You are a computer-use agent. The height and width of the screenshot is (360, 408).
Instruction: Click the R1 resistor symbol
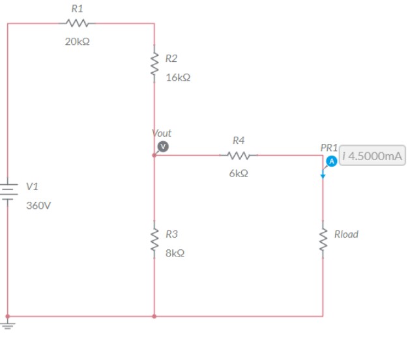click(x=77, y=23)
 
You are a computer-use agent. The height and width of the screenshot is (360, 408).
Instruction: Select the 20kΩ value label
click(x=77, y=41)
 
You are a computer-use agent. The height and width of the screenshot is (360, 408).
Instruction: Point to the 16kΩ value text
click(x=178, y=77)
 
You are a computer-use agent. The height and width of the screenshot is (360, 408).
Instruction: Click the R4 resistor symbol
click(x=239, y=156)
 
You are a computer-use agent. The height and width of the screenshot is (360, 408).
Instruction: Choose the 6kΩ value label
click(x=239, y=174)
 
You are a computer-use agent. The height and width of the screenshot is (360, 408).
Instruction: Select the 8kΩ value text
click(x=175, y=253)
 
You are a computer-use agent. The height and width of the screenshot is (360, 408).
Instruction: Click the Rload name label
click(x=346, y=234)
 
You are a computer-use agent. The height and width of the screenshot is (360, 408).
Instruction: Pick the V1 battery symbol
click(x=8, y=192)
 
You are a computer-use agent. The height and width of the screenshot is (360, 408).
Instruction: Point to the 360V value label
click(x=38, y=206)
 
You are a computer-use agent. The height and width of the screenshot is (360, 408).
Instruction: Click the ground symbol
click(x=8, y=322)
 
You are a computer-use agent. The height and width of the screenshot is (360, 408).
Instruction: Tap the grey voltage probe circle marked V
click(x=164, y=146)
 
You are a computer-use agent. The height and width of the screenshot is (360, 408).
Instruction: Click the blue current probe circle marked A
click(x=331, y=160)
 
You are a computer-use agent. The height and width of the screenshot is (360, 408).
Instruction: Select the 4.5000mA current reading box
click(x=372, y=157)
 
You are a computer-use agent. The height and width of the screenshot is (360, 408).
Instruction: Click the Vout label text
click(x=162, y=133)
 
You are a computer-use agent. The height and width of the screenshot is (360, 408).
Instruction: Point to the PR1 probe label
click(x=328, y=148)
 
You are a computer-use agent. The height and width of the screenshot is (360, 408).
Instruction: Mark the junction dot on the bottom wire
click(x=154, y=316)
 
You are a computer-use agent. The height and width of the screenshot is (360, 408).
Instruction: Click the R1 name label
click(x=77, y=9)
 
